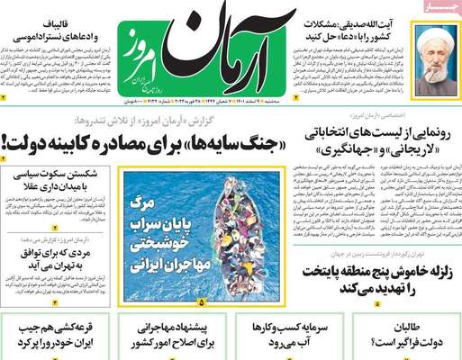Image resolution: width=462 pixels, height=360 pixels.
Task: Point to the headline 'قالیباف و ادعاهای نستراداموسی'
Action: tap(51, 29)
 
